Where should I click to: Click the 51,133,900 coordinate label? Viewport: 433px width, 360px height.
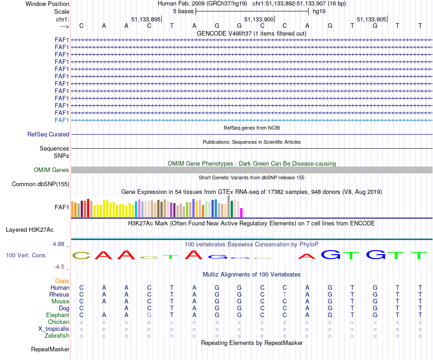pyautogui.click(x=259, y=19)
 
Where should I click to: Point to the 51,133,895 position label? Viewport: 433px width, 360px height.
pyautogui.click(x=146, y=19)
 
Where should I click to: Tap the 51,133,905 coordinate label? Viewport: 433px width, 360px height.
pyautogui.click(x=371, y=19)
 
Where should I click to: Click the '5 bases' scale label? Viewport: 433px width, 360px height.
pyautogui.click(x=183, y=11)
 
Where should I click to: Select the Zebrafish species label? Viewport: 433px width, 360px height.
pyautogui.click(x=57, y=336)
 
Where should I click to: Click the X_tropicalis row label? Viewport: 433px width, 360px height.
pyautogui.click(x=54, y=329)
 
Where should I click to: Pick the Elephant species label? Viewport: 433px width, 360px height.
pyautogui.click(x=57, y=315)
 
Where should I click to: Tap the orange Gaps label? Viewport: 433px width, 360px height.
pyautogui.click(x=62, y=281)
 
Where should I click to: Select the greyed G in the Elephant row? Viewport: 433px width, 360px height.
pyautogui.click(x=149, y=315)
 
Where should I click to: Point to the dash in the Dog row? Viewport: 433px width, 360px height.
pyautogui.click(x=104, y=308)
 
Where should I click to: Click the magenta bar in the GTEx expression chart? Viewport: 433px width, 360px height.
pyautogui.click(x=242, y=212)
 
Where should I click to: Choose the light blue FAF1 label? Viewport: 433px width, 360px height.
pyautogui.click(x=62, y=120)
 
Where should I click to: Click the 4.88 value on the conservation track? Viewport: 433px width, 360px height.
pyautogui.click(x=59, y=244)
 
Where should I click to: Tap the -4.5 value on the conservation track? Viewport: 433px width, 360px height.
pyautogui.click(x=61, y=267)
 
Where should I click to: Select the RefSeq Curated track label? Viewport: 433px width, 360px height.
pyautogui.click(x=48, y=135)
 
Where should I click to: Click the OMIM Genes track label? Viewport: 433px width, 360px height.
pyautogui.click(x=52, y=170)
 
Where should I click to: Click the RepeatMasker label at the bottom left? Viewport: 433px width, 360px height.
pyautogui.click(x=50, y=350)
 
